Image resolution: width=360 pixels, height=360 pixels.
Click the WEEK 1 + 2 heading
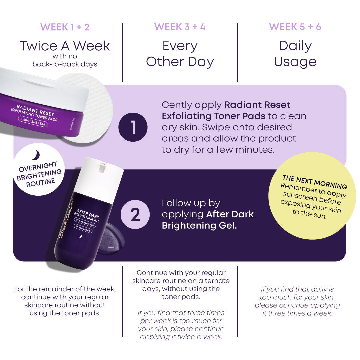click(x=65, y=27)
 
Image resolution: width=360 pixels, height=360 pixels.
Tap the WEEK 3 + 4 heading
click(x=180, y=27)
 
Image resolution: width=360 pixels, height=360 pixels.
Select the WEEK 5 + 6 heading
click(x=295, y=27)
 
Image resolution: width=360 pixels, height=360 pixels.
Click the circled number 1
click(x=133, y=127)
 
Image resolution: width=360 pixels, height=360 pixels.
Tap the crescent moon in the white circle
click(x=36, y=155)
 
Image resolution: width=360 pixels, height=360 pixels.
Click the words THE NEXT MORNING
click(x=315, y=182)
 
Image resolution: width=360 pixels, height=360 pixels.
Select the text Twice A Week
click(x=65, y=46)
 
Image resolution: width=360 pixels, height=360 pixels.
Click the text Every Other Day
click(x=180, y=54)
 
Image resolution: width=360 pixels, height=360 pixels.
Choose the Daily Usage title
click(x=295, y=54)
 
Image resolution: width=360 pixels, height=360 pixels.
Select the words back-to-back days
click(x=65, y=64)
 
